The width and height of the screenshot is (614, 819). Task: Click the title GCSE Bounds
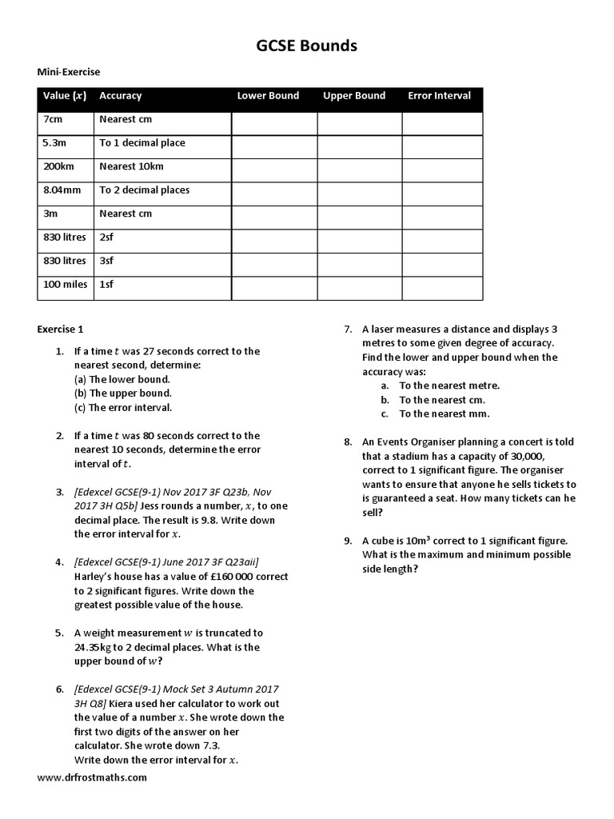(306, 46)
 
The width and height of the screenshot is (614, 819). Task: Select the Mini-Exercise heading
(69, 72)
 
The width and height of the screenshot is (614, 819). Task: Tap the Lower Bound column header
(268, 96)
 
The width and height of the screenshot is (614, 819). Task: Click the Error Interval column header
(439, 96)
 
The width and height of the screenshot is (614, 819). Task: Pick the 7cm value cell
(54, 119)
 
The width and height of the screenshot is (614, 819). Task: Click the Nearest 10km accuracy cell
(131, 166)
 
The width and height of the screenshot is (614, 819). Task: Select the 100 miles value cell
(63, 285)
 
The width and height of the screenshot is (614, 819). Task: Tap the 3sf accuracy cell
(107, 261)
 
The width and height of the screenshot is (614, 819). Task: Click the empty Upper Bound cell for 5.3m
(359, 147)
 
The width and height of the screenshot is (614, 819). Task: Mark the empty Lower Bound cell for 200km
(274, 170)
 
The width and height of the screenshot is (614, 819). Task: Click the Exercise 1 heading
(60, 329)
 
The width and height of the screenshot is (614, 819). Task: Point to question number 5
(59, 633)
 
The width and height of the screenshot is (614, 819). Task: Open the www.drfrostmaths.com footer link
(92, 777)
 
